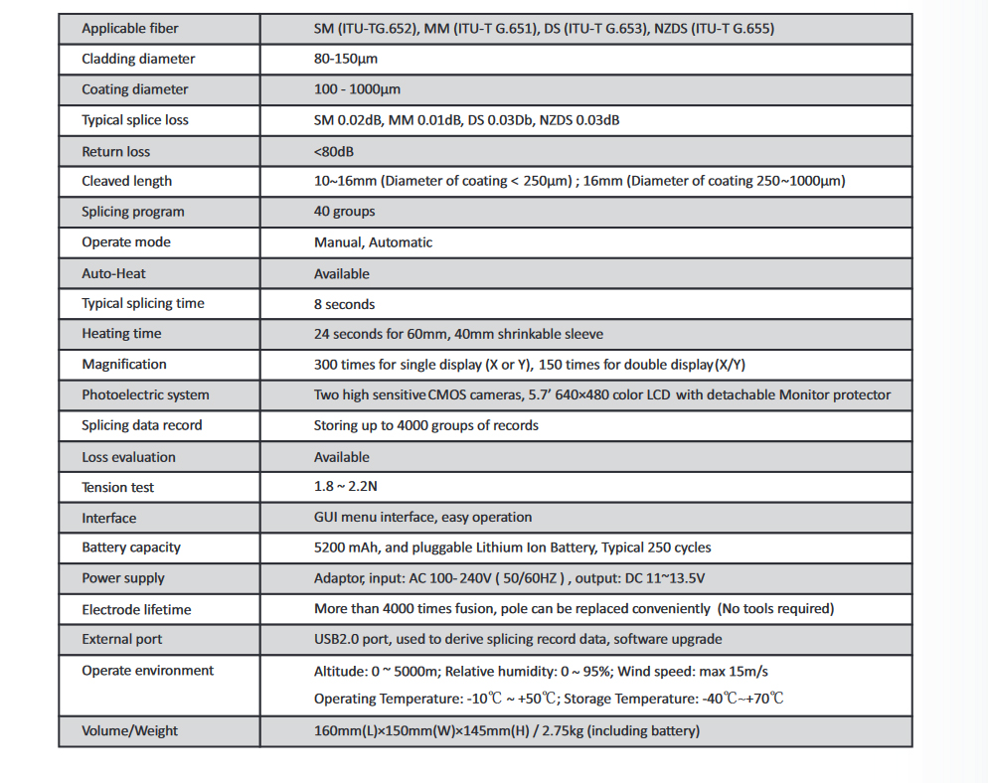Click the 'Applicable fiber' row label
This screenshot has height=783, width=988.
click(x=130, y=29)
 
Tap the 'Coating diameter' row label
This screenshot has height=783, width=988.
click(x=135, y=89)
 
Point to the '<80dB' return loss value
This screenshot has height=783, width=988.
click(x=334, y=152)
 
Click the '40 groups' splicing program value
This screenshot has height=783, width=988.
click(x=344, y=212)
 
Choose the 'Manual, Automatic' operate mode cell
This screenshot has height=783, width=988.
click(x=373, y=242)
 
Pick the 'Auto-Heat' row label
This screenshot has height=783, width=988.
click(x=114, y=273)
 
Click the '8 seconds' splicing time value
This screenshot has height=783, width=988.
click(x=344, y=304)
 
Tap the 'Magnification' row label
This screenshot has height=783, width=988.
click(x=124, y=365)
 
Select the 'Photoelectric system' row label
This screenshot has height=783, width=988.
click(x=146, y=395)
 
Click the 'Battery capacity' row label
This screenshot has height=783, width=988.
click(x=131, y=548)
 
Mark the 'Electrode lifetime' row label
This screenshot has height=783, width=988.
click(x=136, y=609)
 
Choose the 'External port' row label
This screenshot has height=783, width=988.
click(x=122, y=639)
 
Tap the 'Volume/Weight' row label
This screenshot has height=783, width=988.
click(x=130, y=731)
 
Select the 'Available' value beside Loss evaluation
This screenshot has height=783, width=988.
click(x=341, y=457)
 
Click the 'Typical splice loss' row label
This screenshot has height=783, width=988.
click(x=135, y=120)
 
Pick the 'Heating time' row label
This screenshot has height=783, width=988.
click(x=121, y=334)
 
